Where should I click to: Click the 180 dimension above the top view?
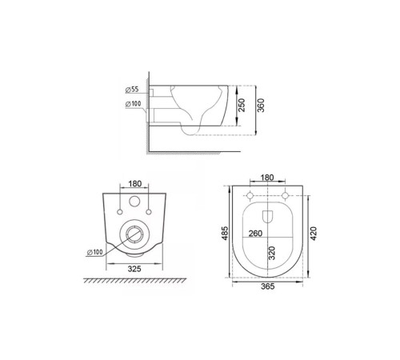(x=266, y=178)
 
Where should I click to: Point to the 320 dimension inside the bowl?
(x=273, y=256)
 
